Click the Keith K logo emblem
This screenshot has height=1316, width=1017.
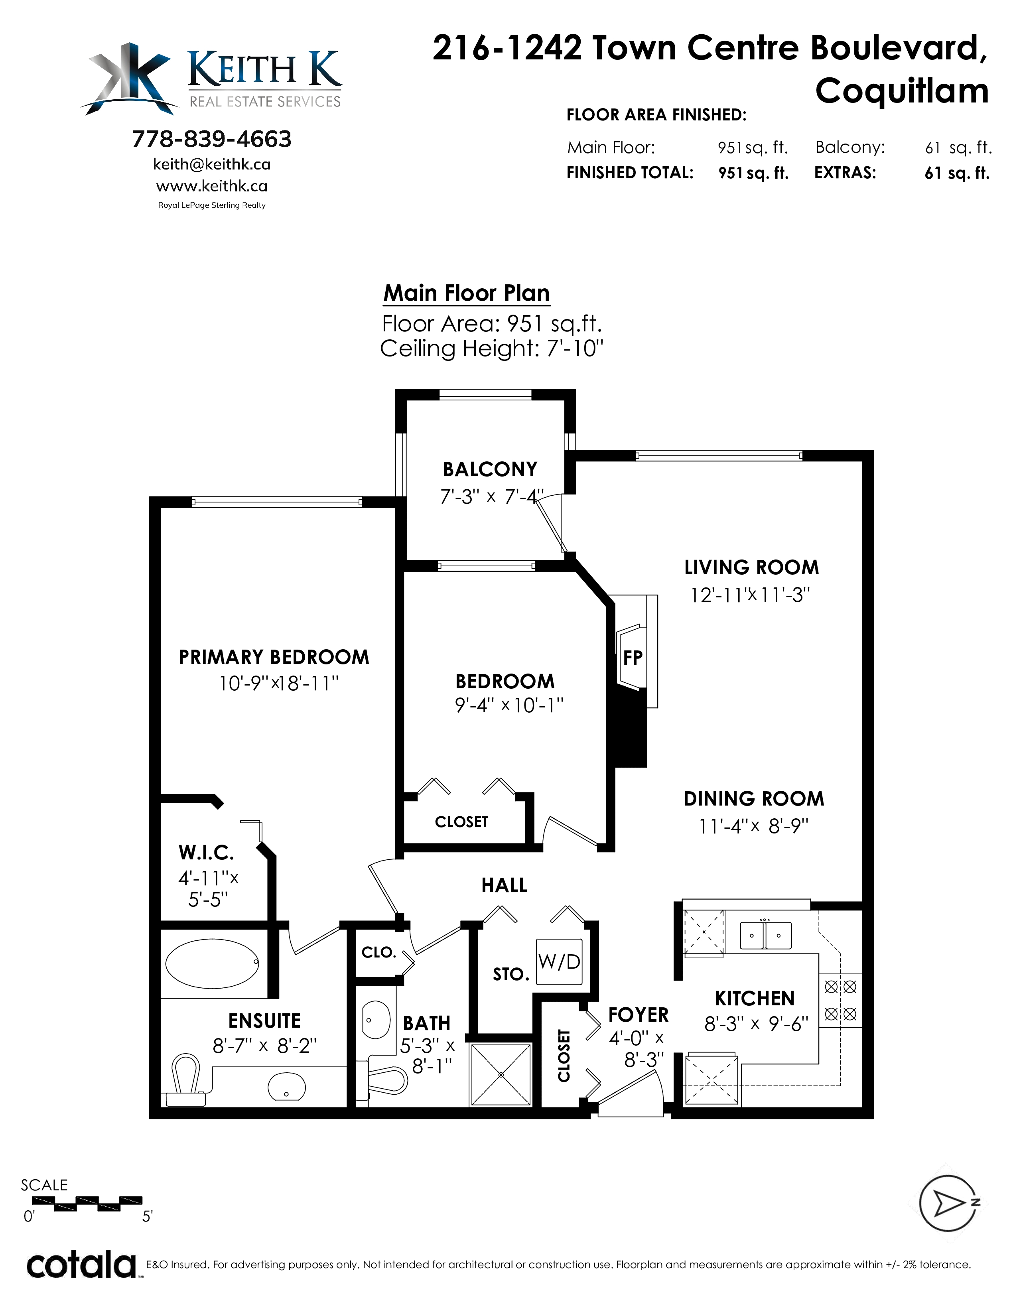128,78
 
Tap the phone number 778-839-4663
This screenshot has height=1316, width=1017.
211,139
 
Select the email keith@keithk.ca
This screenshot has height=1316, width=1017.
211,164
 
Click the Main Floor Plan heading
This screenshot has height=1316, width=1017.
466,294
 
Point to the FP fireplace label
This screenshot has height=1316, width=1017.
633,657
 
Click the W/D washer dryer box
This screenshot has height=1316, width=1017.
559,962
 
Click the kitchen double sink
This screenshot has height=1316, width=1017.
765,936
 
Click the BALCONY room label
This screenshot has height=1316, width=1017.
490,469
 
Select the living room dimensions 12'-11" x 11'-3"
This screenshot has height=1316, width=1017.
750,595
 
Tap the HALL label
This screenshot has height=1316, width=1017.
504,885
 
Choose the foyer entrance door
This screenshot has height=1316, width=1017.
630,1091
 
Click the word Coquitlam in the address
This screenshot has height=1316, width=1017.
902,91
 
